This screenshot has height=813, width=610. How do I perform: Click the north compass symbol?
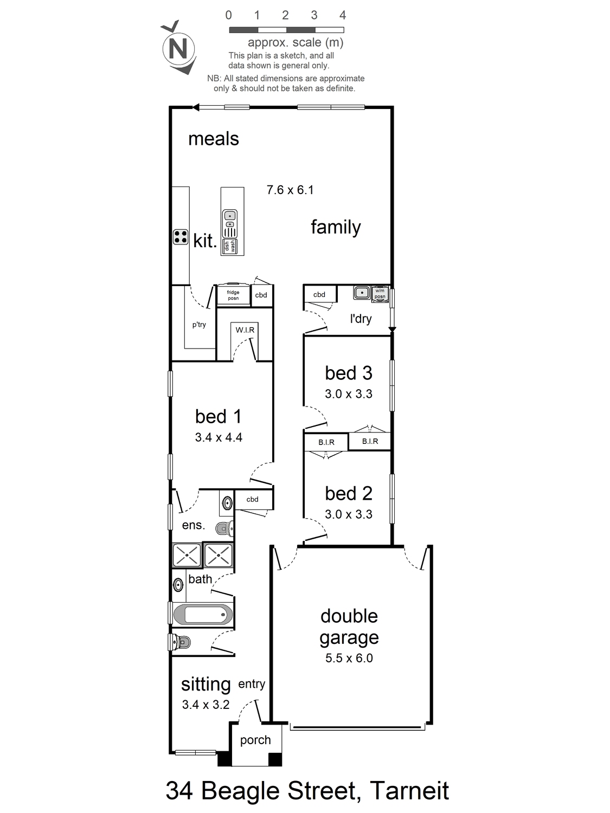178,48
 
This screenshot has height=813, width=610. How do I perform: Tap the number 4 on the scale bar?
343,15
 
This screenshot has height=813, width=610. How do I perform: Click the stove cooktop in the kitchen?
181,237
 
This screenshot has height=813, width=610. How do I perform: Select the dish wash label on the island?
229,246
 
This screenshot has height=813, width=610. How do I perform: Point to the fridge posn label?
233,295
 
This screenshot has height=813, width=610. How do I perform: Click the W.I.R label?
245,330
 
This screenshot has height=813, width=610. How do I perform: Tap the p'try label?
199,325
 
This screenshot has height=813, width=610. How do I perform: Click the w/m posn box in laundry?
380,294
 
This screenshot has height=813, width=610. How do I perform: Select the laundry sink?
362,293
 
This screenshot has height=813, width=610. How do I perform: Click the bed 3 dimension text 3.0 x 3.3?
349,393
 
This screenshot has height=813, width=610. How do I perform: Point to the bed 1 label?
218,416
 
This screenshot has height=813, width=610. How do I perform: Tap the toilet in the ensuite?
224,528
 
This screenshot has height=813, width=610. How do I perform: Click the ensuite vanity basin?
227,502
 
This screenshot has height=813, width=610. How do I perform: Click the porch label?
255,740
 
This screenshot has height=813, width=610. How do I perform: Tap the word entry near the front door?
252,684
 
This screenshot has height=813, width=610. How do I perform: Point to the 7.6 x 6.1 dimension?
290,190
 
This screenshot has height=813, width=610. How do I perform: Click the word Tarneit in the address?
409,790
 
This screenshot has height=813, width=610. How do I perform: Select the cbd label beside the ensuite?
252,499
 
